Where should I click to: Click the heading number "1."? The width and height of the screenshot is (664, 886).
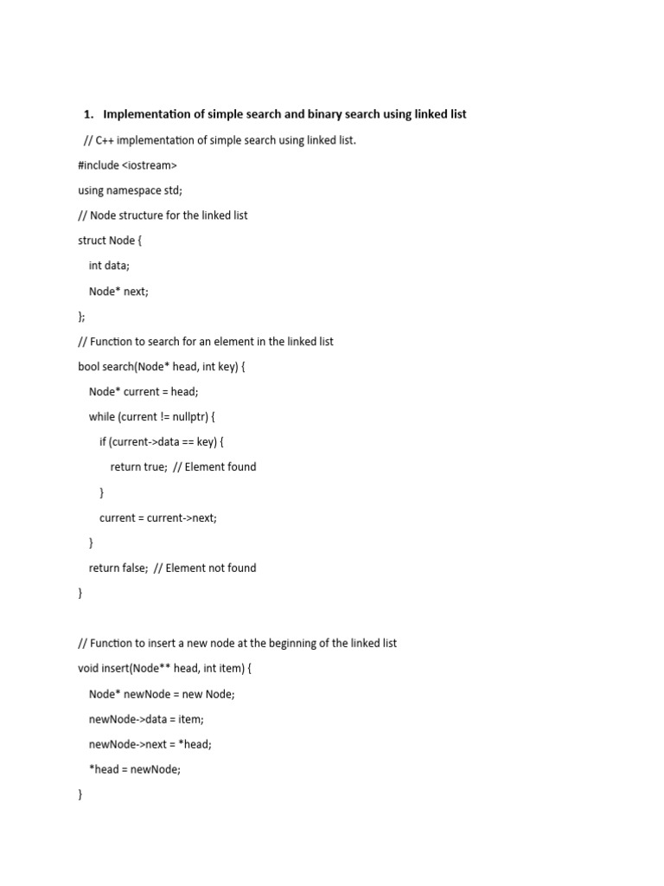click(88, 114)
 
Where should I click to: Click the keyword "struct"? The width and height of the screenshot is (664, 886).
click(93, 241)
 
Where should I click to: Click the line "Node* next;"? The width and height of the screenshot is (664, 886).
click(118, 292)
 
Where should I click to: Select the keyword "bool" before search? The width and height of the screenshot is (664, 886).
click(88, 367)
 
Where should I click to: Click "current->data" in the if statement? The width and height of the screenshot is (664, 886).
click(144, 442)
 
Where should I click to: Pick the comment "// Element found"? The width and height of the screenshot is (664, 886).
click(214, 467)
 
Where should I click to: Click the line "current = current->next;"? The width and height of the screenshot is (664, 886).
click(158, 517)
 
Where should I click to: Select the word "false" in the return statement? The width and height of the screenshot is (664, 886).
click(134, 568)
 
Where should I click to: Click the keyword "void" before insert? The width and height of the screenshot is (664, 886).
click(88, 669)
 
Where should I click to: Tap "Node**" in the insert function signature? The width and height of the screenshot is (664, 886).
click(154, 669)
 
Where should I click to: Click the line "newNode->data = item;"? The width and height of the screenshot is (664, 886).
click(146, 719)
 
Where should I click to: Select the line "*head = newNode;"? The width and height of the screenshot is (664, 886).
click(135, 769)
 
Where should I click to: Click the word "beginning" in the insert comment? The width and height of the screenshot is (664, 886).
click(263, 644)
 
